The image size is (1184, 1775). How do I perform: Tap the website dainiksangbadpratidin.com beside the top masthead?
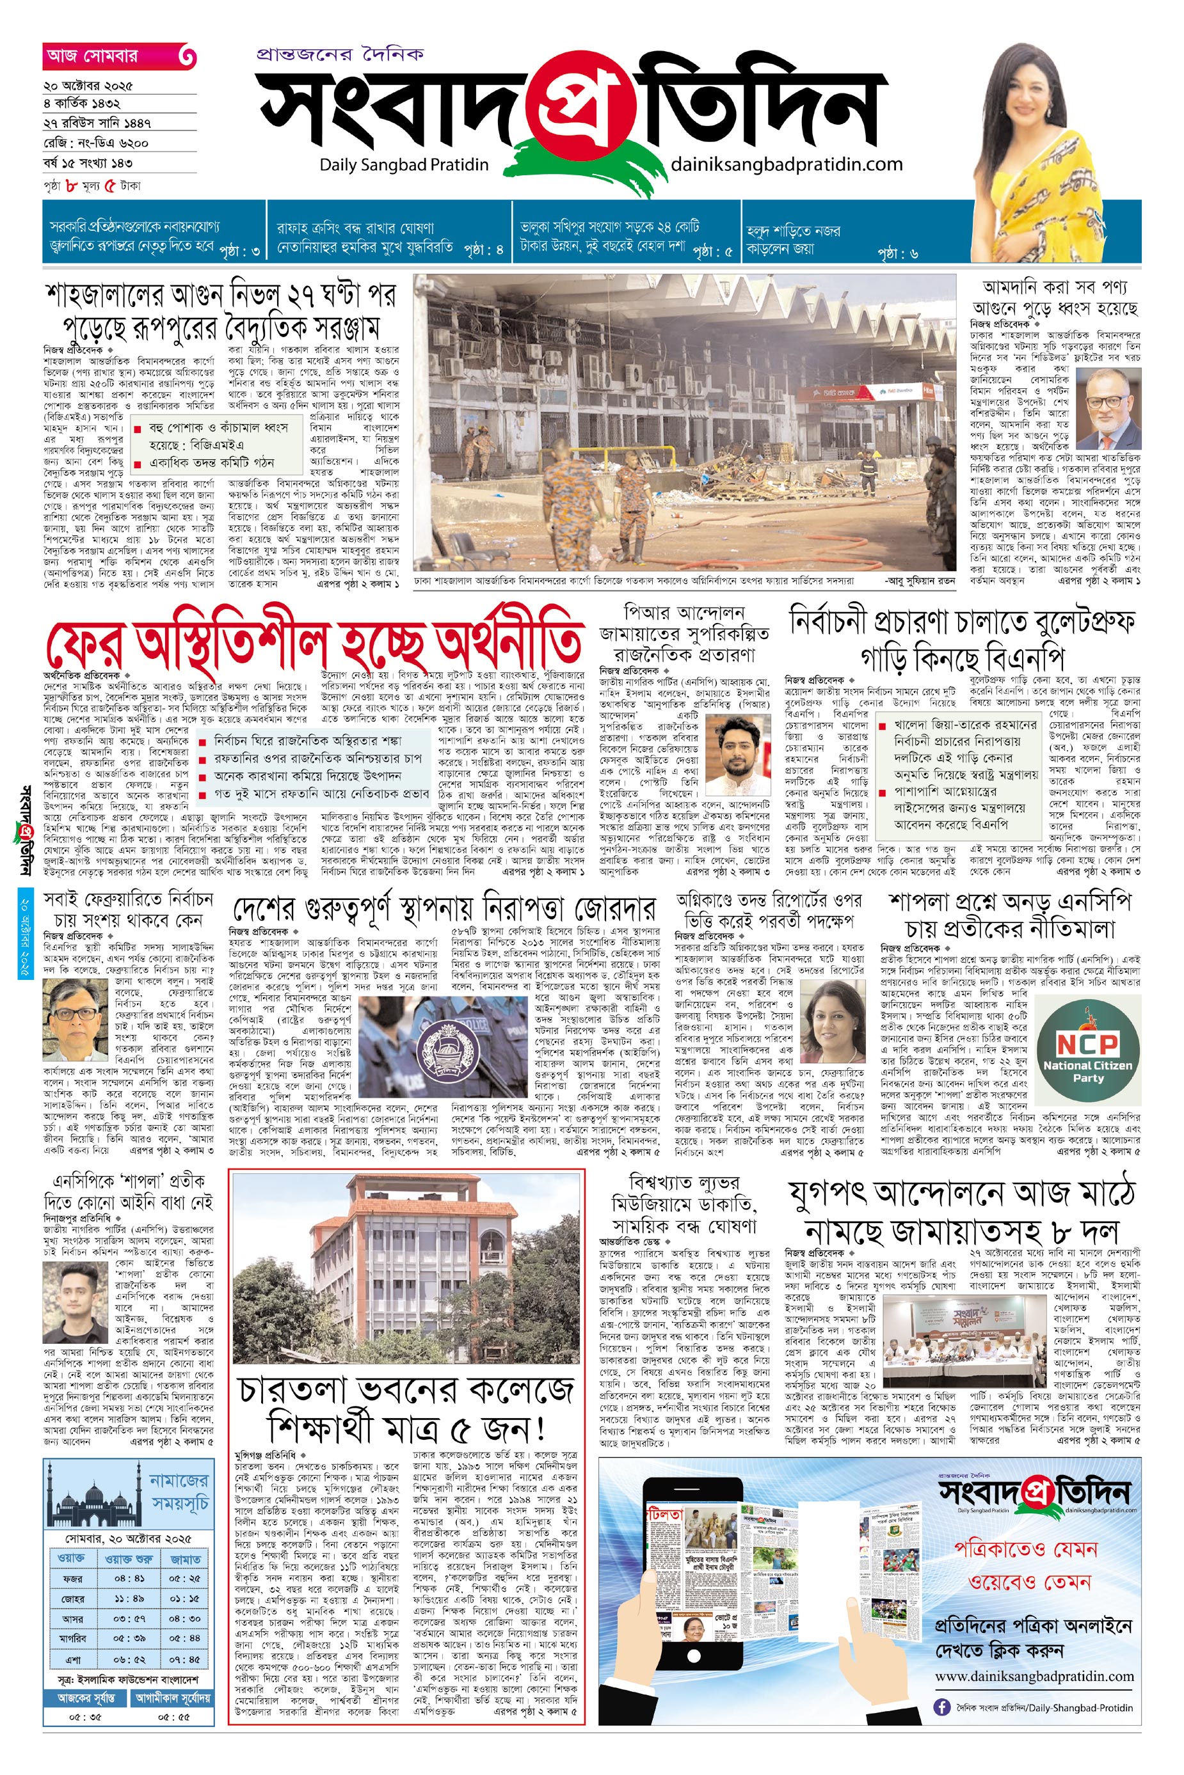786,164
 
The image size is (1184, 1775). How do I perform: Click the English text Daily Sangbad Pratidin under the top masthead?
404,164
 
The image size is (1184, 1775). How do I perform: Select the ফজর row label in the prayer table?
72,1578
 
